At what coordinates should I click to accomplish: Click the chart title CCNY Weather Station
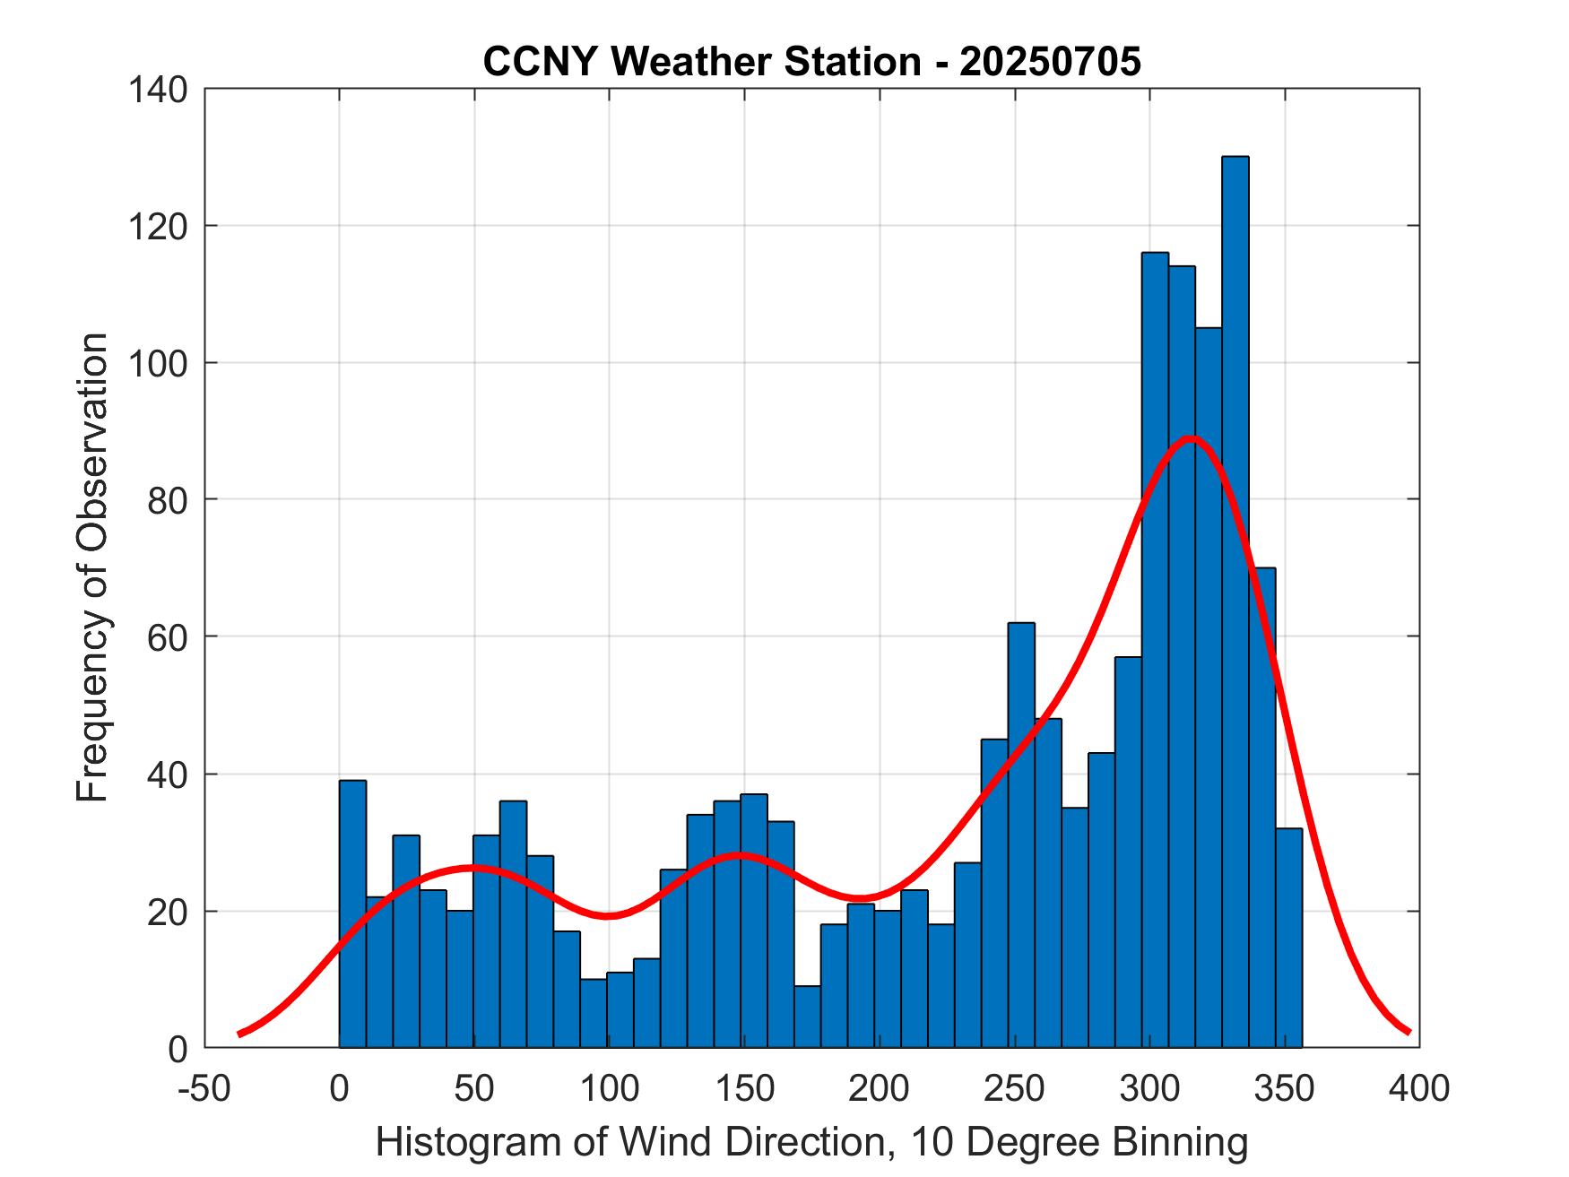click(x=701, y=62)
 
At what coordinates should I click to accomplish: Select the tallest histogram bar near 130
click(x=1235, y=601)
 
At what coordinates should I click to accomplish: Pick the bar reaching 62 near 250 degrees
click(x=1020, y=834)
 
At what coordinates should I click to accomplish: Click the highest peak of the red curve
click(x=1191, y=438)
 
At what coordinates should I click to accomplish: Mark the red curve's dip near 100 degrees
click(x=608, y=915)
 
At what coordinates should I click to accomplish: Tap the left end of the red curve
click(x=239, y=1034)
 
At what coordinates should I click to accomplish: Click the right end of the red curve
click(x=1409, y=1032)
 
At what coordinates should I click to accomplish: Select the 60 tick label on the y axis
click(x=167, y=636)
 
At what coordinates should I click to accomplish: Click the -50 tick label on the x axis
click(x=204, y=1089)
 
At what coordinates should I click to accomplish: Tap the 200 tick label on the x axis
click(x=880, y=1089)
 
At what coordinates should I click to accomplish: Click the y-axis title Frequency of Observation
click(x=92, y=569)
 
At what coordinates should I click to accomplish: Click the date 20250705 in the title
click(x=1050, y=62)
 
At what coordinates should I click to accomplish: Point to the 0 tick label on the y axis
click(x=178, y=1048)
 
